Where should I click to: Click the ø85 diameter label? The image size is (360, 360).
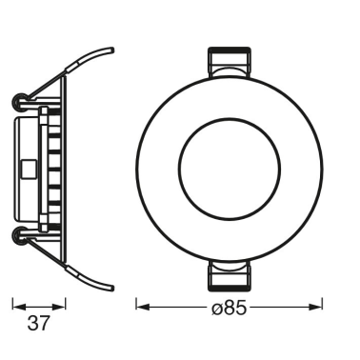click(230, 307)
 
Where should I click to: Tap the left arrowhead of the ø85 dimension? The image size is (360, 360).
click(141, 307)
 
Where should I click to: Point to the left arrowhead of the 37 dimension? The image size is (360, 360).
click(16, 306)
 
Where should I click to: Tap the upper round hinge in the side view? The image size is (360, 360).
click(20, 99)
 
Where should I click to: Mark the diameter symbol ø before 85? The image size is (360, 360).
click(216, 307)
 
